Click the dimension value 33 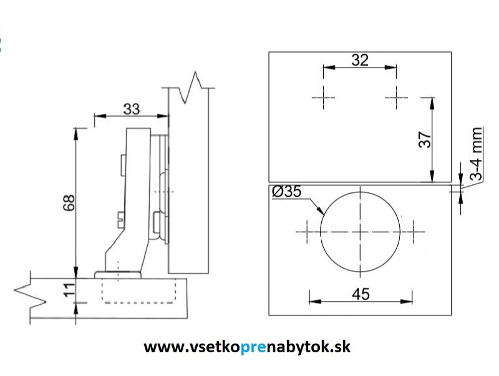tap(132, 109)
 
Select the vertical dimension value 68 tap(69, 202)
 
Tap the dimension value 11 tap(70, 290)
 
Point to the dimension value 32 tap(360, 60)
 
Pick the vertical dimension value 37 tap(425, 139)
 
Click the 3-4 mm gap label tap(476, 154)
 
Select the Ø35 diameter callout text tap(286, 192)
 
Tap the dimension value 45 tap(361, 294)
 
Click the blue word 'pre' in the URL tap(253, 347)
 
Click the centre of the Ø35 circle tap(360, 232)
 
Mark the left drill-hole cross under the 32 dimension tap(323, 97)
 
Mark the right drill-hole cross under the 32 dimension tap(397, 97)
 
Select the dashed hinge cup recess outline tap(138, 290)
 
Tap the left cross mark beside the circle tap(307, 232)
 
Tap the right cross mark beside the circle tap(414, 232)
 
